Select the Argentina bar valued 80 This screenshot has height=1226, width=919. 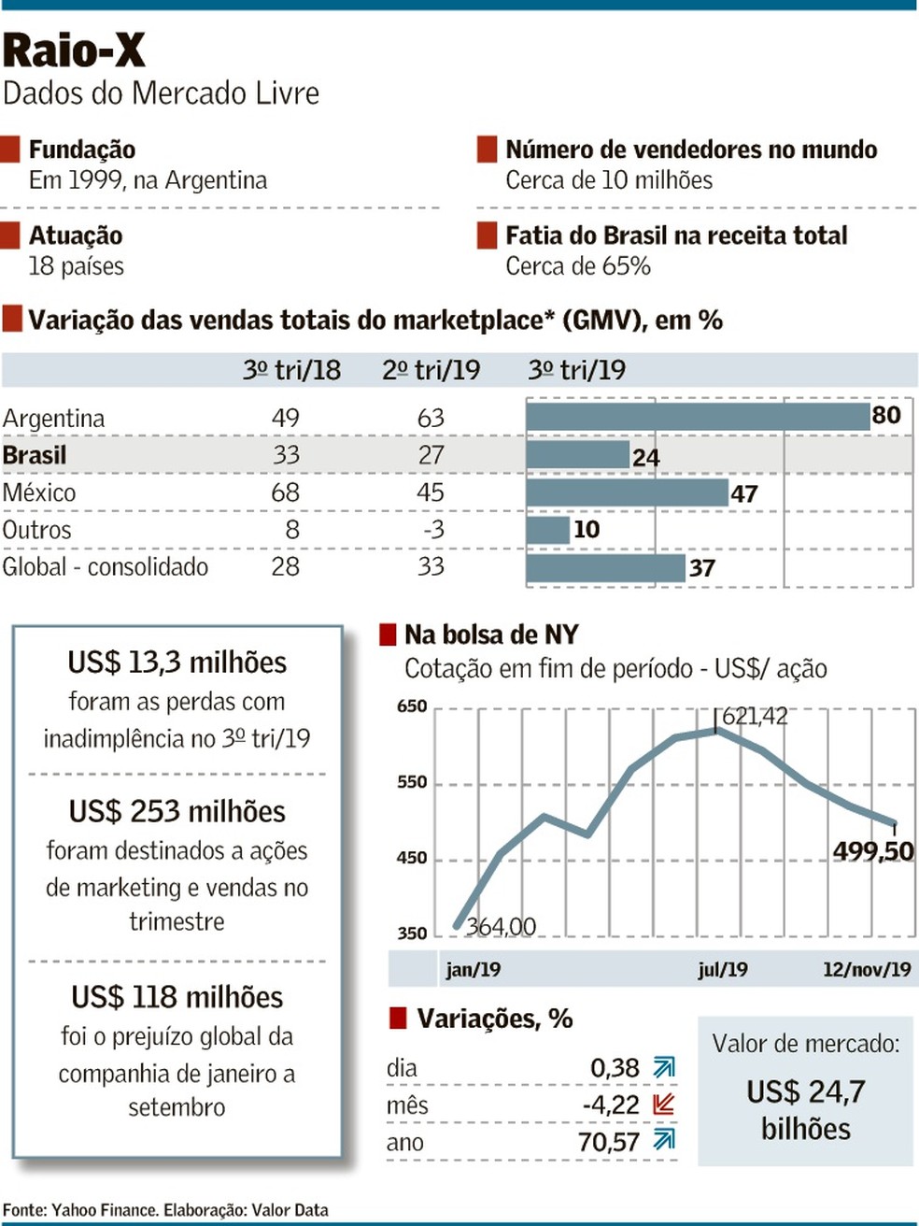click(697, 416)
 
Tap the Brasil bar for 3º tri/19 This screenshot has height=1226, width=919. click(576, 455)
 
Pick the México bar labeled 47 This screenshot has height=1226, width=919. click(626, 492)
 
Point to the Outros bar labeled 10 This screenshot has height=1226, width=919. click(547, 530)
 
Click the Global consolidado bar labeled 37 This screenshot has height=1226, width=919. click(605, 567)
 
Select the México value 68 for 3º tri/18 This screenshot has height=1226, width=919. click(285, 492)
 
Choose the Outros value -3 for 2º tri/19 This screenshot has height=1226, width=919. click(431, 530)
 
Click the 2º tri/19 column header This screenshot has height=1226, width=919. click(431, 370)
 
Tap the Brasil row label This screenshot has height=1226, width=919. click(35, 455)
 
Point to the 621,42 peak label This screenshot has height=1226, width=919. click(755, 716)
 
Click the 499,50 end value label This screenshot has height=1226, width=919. click(872, 850)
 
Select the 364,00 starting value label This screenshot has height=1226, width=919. click(501, 926)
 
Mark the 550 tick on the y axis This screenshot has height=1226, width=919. click(412, 782)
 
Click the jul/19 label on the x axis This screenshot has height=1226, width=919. click(722, 969)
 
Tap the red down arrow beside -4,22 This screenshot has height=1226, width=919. click(664, 1104)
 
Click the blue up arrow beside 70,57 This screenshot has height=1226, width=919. click(664, 1140)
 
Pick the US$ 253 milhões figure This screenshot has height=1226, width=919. click(177, 811)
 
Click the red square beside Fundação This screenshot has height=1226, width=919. click(11, 150)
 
